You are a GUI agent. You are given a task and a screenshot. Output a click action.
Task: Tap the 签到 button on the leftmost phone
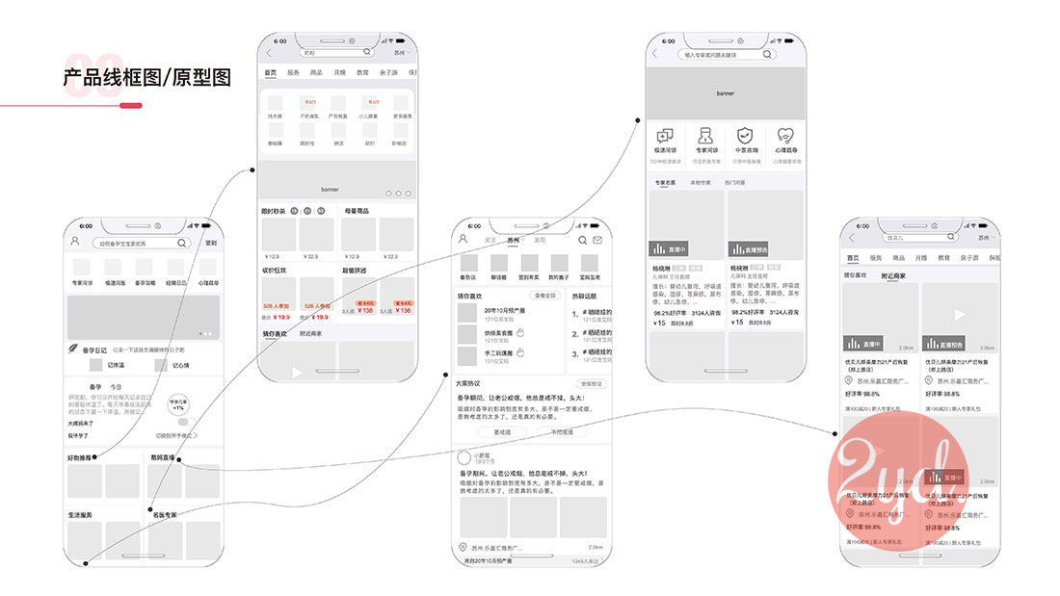click(x=211, y=244)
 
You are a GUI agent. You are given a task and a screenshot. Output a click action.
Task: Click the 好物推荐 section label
click(x=81, y=457)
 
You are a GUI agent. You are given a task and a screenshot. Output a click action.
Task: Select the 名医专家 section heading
click(x=164, y=515)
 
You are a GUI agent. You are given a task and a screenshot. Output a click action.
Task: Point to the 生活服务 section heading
click(x=81, y=515)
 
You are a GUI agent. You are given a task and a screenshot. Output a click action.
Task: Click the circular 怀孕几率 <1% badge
click(x=178, y=404)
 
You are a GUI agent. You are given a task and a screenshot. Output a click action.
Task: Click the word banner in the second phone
click(x=330, y=189)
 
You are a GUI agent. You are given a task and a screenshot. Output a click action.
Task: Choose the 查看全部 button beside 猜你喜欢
click(x=545, y=296)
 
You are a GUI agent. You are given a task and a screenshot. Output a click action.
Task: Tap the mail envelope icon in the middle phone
click(x=596, y=240)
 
